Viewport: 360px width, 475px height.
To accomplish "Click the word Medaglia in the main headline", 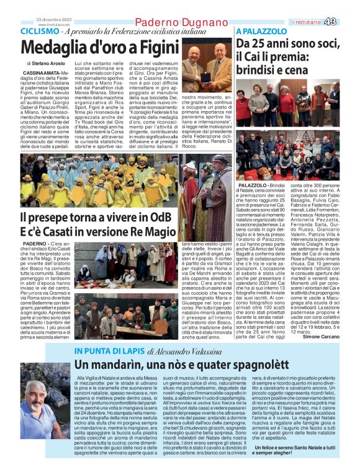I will (56, 47).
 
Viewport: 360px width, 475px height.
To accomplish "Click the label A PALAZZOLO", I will (256, 31).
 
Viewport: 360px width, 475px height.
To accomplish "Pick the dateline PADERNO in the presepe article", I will (34, 246).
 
